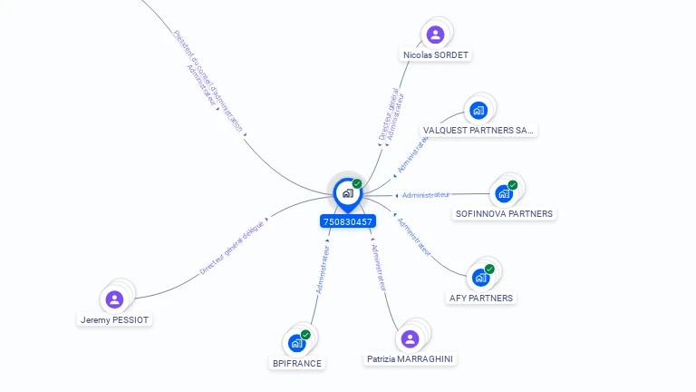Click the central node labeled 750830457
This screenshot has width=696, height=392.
(347, 221)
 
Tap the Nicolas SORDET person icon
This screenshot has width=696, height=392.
(436, 34)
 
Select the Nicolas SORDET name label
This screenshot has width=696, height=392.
(437, 54)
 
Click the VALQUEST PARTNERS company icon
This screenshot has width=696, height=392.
(478, 111)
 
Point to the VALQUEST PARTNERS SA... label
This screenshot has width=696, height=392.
(479, 130)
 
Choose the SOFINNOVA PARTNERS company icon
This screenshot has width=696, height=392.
(503, 193)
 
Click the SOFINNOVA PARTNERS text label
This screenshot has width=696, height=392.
(504, 214)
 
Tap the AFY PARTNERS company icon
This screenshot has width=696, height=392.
(480, 277)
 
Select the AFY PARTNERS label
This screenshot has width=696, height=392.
(481, 298)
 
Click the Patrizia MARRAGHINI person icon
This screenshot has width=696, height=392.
(410, 338)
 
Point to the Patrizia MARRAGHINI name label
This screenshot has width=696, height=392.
(411, 359)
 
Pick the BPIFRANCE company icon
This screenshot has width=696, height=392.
(296, 343)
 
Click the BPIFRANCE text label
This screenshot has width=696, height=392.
(297, 363)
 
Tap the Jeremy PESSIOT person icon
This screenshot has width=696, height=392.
(114, 299)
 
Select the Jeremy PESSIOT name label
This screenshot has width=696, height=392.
(115, 319)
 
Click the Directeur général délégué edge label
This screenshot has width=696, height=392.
(231, 247)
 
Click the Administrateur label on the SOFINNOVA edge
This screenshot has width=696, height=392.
(426, 194)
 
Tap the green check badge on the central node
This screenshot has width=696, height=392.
(357, 183)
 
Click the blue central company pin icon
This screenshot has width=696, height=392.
(347, 193)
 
